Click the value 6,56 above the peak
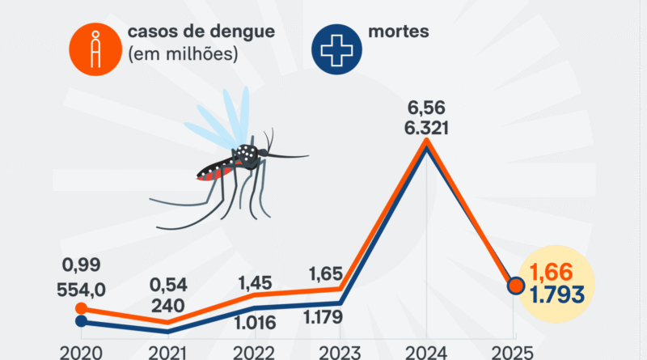coord(427,108)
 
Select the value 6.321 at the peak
coord(427,129)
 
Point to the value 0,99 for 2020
coord(82,265)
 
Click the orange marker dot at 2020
coord(81,308)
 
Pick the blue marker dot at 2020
coord(81,321)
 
